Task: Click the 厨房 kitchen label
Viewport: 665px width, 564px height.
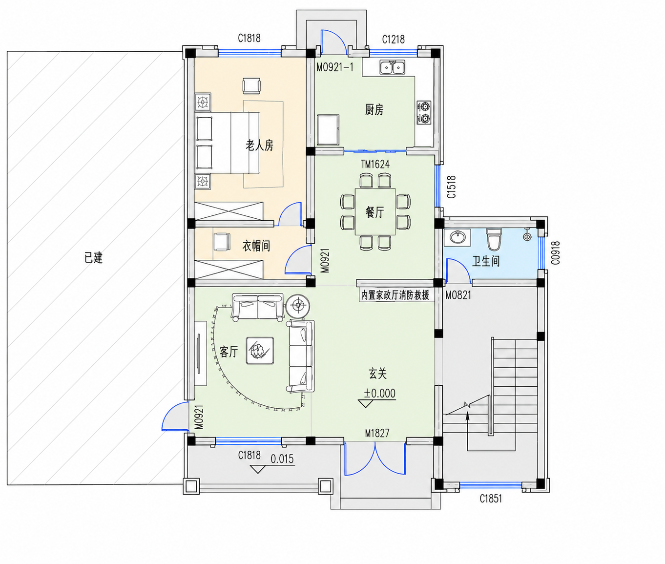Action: [x=374, y=110]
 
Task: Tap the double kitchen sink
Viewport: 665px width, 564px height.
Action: [x=392, y=67]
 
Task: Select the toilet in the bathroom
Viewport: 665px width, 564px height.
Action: [x=494, y=239]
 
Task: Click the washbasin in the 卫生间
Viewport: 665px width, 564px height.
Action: [x=457, y=237]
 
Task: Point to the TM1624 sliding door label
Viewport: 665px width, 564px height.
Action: [x=375, y=165]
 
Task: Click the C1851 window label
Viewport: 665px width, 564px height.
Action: [x=491, y=499]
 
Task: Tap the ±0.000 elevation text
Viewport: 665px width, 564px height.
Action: [x=380, y=393]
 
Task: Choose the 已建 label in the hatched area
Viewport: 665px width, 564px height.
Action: [x=93, y=258]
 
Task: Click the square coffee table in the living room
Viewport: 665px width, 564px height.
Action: [x=260, y=351]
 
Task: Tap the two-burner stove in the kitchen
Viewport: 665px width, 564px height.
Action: [x=424, y=112]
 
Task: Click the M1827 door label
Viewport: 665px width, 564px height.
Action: [x=377, y=433]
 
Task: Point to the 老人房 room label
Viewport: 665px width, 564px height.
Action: [x=259, y=146]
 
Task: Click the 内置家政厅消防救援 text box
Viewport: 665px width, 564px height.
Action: [x=395, y=295]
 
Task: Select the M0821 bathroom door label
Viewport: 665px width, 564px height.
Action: [x=458, y=295]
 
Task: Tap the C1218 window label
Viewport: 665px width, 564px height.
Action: [x=393, y=39]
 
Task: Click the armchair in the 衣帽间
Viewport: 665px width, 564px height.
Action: [x=222, y=242]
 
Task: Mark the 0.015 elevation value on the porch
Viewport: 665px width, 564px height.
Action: [x=282, y=459]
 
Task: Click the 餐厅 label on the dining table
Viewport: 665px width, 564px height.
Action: [x=375, y=212]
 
